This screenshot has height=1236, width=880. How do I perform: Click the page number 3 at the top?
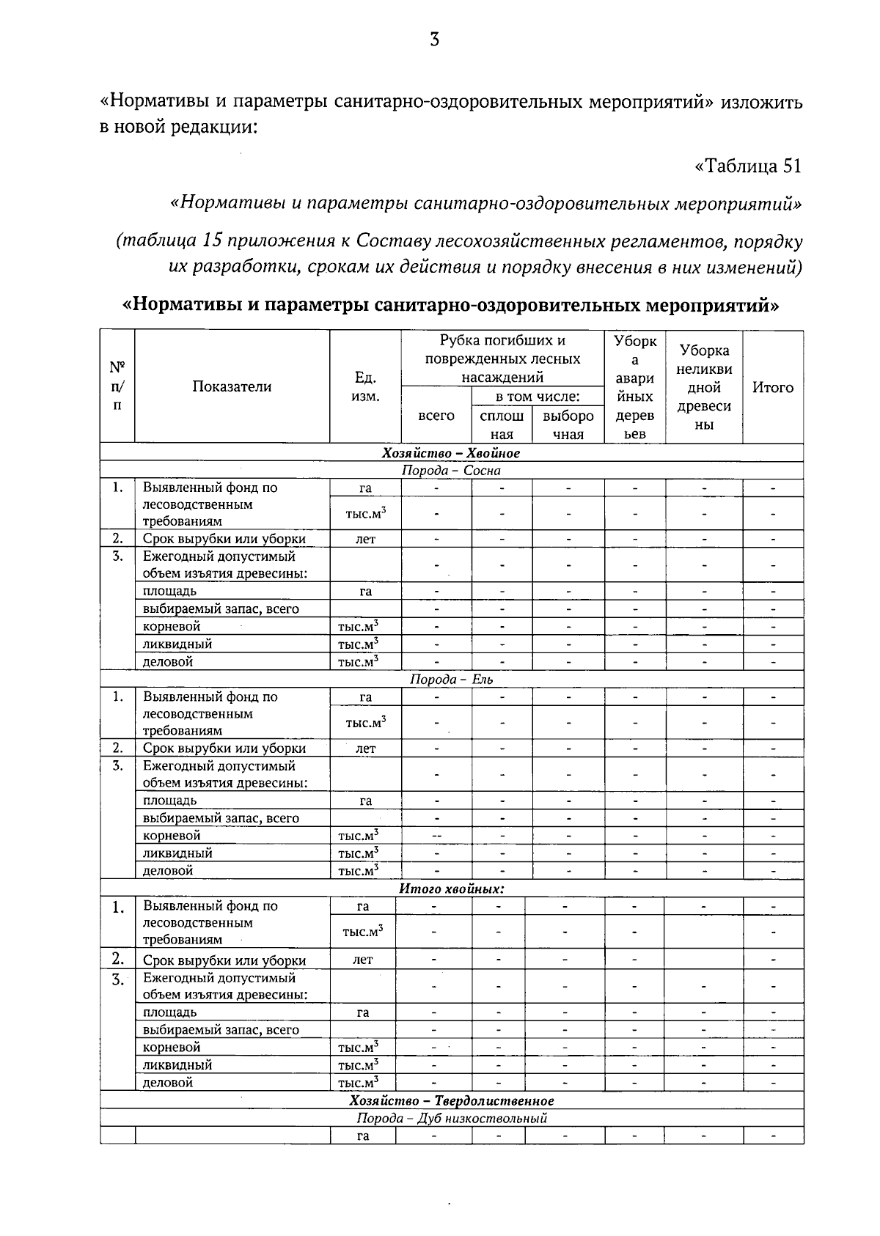point(434,40)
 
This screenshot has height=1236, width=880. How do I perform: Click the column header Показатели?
point(232,387)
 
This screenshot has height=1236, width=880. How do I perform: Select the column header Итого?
point(773,387)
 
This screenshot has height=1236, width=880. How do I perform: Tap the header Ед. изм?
point(365,387)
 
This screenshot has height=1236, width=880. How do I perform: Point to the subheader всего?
point(436,416)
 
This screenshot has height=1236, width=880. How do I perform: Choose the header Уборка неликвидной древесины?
point(704,387)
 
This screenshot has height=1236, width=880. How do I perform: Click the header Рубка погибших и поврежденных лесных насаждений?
point(502,358)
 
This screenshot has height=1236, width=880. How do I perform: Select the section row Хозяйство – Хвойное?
point(451,452)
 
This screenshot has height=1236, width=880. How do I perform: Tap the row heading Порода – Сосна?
point(451,471)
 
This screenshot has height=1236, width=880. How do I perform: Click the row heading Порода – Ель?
point(451,680)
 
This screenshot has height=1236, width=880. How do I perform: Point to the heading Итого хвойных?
point(451,889)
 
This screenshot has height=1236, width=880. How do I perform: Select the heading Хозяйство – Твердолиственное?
point(451,1100)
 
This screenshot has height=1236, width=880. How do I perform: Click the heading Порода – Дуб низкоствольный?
point(451,1118)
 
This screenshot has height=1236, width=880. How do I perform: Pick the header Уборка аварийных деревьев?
point(635,387)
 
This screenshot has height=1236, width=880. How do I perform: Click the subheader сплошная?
point(502,425)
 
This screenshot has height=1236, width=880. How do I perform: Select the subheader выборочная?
point(568,425)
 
